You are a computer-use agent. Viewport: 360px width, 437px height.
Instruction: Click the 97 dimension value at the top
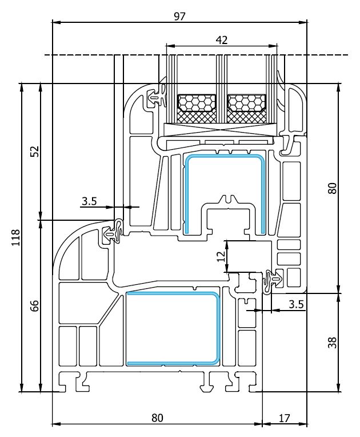coord(179,16)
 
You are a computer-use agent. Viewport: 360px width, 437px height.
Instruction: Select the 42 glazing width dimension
coord(222,39)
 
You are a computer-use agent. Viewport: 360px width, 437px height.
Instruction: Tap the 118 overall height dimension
coord(15,237)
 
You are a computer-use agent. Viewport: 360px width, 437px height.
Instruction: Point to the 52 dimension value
coord(34,152)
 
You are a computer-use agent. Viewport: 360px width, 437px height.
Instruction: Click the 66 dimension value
coord(34,305)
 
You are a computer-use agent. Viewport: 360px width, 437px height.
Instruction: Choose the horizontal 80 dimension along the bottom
coord(157,418)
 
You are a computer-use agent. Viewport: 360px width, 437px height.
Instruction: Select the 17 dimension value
coord(284,418)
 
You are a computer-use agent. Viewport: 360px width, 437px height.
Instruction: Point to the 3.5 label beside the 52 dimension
coord(90,201)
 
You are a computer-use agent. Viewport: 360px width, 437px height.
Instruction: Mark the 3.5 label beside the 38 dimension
coord(296,304)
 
